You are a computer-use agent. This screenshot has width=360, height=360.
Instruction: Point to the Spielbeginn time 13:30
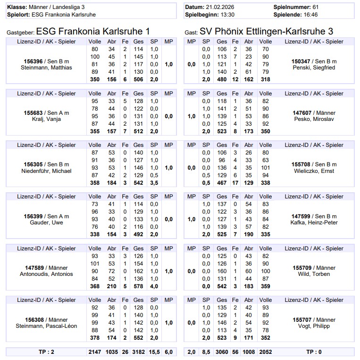[x=224, y=15]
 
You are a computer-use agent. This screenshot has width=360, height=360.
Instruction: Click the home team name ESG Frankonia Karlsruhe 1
[x=93, y=31]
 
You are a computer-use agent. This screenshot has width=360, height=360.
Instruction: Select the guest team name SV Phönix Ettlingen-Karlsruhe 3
[x=266, y=31]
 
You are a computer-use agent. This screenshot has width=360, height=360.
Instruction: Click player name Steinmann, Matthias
[x=46, y=68]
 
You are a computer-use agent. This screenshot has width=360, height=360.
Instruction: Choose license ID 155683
[x=33, y=113]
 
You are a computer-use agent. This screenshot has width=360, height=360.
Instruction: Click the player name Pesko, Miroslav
[x=314, y=119]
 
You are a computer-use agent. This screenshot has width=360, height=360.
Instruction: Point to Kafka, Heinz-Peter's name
[x=314, y=223]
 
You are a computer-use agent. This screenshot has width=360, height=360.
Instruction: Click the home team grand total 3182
[x=138, y=351]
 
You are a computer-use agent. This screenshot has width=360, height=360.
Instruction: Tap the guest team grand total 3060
[x=222, y=351]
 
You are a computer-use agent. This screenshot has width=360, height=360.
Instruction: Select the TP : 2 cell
[x=46, y=351]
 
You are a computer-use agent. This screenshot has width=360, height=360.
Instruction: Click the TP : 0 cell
[x=314, y=351]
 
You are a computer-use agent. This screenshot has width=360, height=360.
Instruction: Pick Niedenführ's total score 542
[x=138, y=183]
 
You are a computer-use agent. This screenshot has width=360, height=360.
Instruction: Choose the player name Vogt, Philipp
[x=314, y=326]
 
